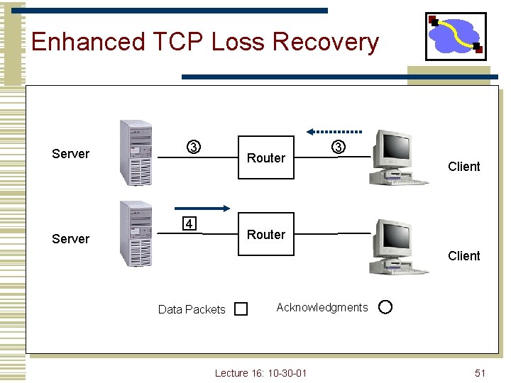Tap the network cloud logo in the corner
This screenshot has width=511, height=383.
(456, 36)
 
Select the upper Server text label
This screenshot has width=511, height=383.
(71, 154)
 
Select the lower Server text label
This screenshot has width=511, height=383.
(71, 239)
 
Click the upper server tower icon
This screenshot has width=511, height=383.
(136, 152)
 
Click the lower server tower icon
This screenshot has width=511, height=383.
(136, 233)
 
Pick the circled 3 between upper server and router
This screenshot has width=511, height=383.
(193, 148)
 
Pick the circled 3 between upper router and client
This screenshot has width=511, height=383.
(339, 147)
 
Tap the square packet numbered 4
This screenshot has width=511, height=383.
(188, 225)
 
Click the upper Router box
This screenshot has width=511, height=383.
(265, 157)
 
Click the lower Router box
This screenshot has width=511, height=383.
(265, 235)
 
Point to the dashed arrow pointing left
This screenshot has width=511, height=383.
(334, 131)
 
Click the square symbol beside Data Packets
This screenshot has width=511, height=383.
(241, 309)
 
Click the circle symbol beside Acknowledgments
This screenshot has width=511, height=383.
(385, 307)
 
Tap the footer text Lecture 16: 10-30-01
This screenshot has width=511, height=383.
(260, 373)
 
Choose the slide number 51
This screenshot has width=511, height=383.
(480, 373)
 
